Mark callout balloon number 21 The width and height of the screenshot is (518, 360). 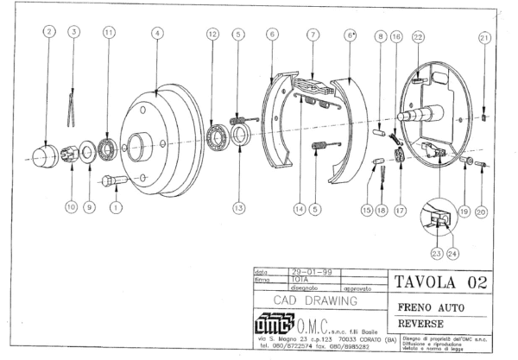(x=484, y=37)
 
